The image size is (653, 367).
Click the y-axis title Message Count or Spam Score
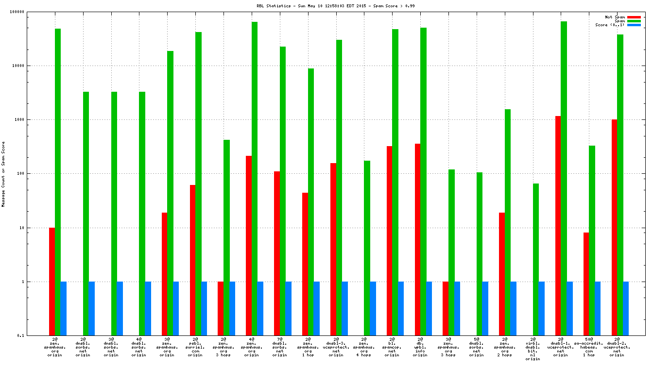click(x=3, y=174)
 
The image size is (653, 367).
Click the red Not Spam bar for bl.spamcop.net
click(x=389, y=240)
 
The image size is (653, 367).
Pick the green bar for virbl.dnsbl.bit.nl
click(x=535, y=259)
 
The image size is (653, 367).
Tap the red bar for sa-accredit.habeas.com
click(x=586, y=284)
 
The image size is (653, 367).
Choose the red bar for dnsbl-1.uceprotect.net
click(x=558, y=225)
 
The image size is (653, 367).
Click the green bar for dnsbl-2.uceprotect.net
click(x=620, y=184)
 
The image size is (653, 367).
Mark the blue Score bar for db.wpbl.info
click(x=429, y=308)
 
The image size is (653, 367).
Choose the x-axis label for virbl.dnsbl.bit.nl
click(x=533, y=349)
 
